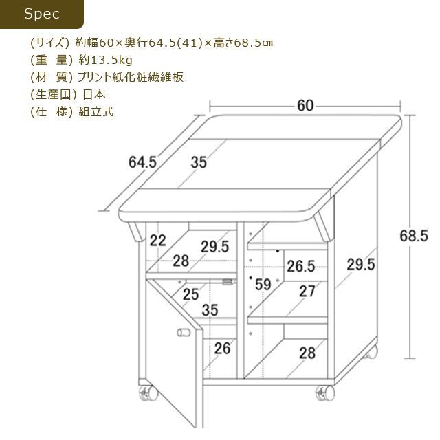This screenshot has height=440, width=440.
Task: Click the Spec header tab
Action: click(x=41, y=14)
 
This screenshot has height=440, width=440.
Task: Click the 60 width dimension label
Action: click(x=305, y=106)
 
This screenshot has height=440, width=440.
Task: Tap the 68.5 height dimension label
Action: click(x=414, y=236)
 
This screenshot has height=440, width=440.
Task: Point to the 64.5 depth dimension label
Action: click(x=142, y=162)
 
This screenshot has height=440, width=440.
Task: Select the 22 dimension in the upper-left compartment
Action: click(x=157, y=241)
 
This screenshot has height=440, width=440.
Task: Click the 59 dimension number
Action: click(x=263, y=285)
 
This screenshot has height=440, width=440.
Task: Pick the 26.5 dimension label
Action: click(x=301, y=266)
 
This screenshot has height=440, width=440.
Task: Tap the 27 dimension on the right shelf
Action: click(x=307, y=291)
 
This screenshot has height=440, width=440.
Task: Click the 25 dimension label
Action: click(x=191, y=294)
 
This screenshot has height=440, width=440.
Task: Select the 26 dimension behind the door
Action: click(x=222, y=349)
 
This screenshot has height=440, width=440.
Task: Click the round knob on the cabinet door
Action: click(x=184, y=333)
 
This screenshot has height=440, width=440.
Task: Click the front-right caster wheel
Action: click(x=325, y=393)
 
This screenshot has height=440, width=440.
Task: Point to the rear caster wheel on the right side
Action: click(x=371, y=353)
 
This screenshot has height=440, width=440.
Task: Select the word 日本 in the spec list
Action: click(x=94, y=94)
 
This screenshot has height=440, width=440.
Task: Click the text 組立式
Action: click(x=96, y=111)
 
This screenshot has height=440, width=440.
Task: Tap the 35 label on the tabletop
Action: click(x=199, y=162)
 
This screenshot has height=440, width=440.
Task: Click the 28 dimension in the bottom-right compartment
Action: click(x=307, y=353)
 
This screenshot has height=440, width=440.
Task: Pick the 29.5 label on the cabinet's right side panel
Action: click(x=361, y=264)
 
